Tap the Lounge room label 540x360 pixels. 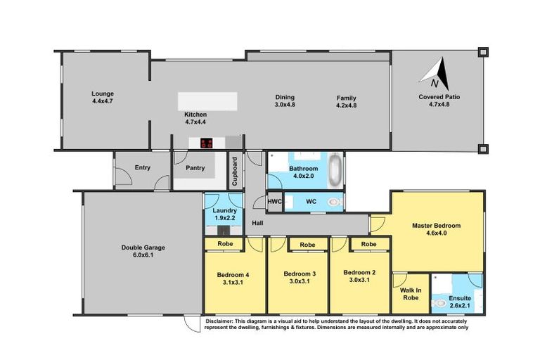(x=102, y=94)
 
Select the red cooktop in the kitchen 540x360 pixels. (x=207, y=143)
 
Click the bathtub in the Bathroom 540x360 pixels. (x=335, y=169)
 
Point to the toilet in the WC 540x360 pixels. (x=335, y=202)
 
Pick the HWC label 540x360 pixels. (x=275, y=202)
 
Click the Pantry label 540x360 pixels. (x=195, y=168)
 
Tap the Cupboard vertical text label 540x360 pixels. (x=235, y=170)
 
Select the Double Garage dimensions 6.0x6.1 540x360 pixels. (x=137, y=255)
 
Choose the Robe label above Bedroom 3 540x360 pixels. (x=307, y=245)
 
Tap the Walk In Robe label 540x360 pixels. (x=411, y=294)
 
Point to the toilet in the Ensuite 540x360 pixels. (x=441, y=303)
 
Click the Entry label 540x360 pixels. (x=143, y=167)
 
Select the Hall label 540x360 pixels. (x=258, y=223)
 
